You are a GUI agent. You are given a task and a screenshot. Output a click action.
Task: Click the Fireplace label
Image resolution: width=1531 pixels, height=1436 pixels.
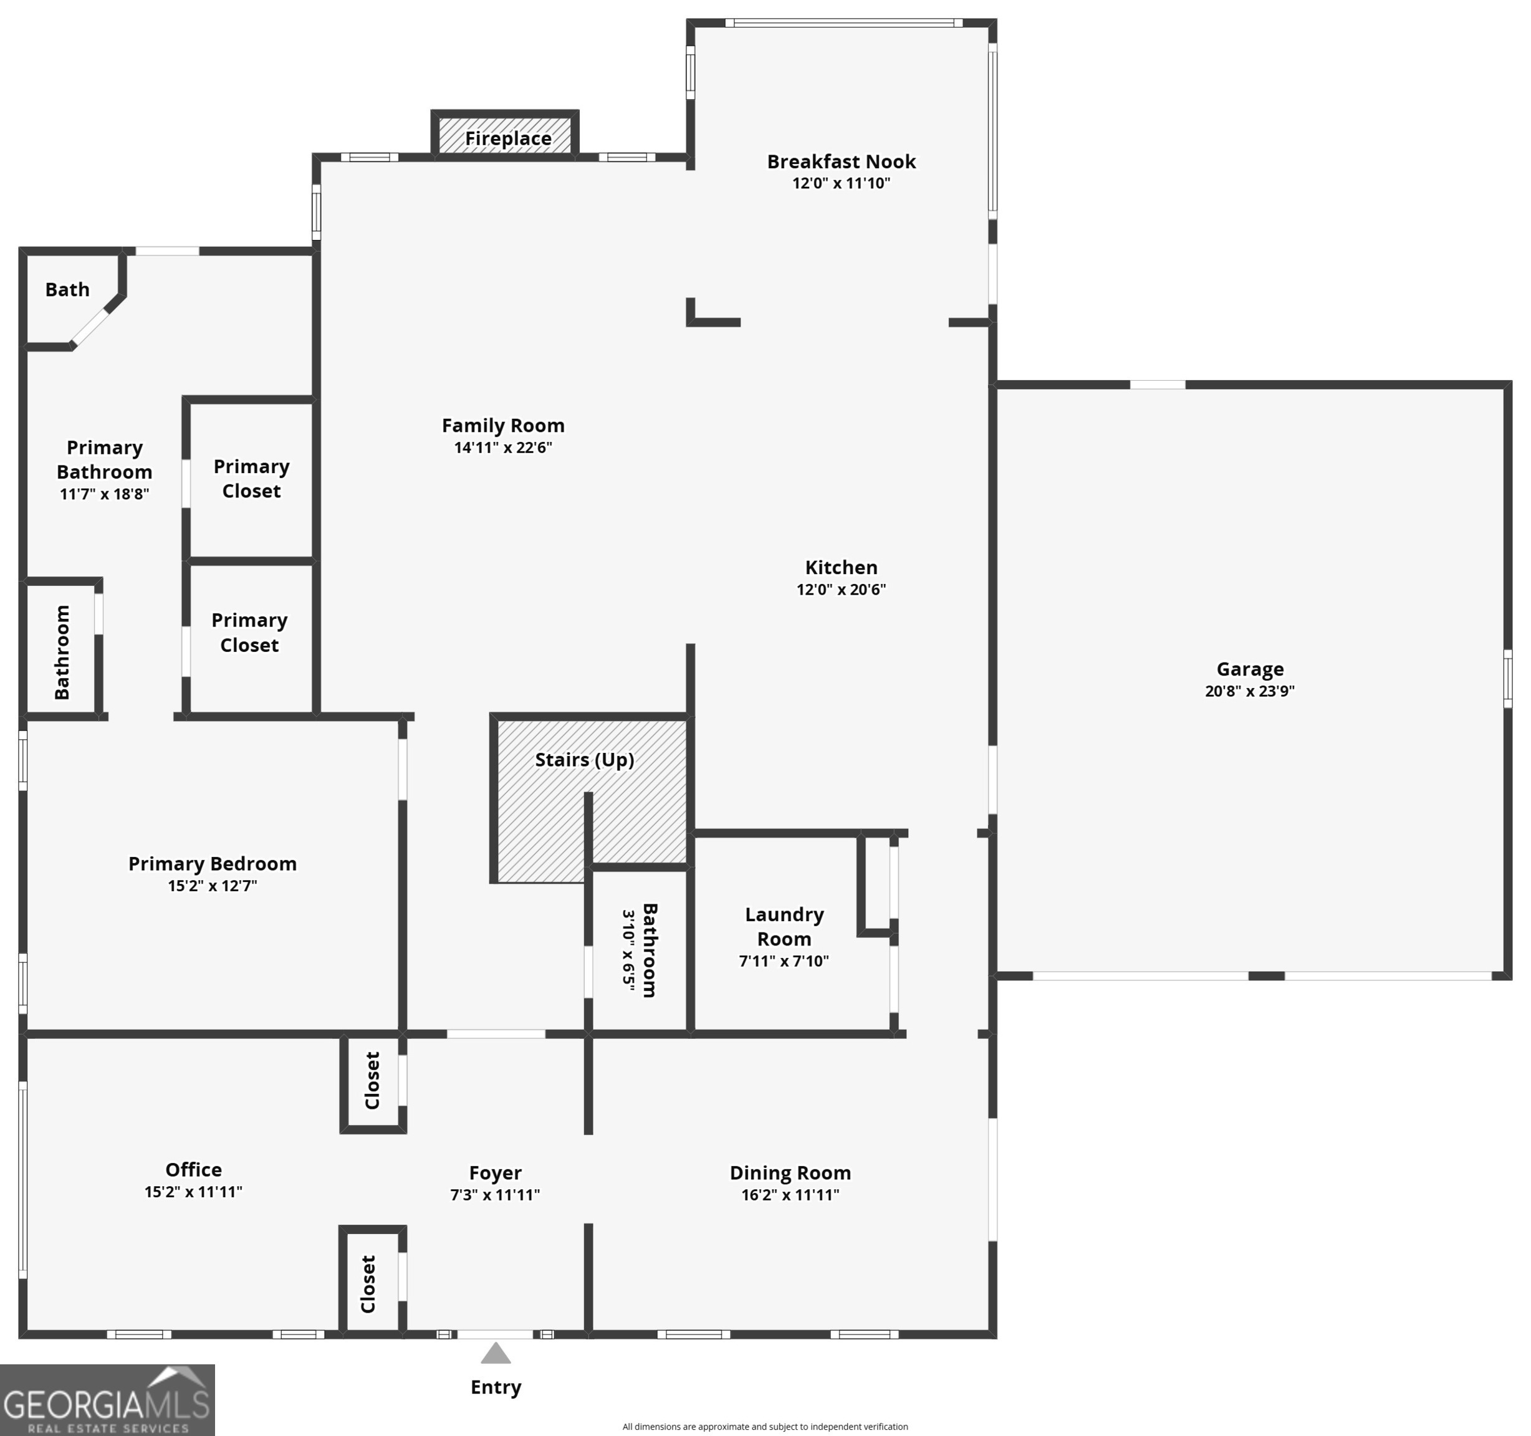tap(507, 138)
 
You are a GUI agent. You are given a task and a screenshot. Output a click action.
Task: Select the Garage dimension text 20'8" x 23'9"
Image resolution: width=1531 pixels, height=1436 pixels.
tap(1249, 691)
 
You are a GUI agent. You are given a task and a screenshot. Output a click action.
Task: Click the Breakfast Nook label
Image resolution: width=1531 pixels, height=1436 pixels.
tap(841, 161)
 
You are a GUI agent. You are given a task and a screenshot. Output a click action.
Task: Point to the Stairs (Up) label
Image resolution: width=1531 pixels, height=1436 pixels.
tap(585, 760)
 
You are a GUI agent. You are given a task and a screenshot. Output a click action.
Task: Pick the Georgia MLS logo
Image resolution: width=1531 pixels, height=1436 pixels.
tap(107, 1399)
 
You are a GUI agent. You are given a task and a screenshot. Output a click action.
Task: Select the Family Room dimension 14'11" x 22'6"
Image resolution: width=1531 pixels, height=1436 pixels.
tap(503, 448)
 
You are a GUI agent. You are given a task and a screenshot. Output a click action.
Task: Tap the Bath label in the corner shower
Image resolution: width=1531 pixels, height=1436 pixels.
tap(67, 290)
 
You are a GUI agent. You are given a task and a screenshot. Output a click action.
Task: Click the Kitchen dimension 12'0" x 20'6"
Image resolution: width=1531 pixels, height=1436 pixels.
tap(841, 589)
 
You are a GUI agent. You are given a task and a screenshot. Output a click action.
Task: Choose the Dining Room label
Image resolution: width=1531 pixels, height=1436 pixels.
tap(790, 1172)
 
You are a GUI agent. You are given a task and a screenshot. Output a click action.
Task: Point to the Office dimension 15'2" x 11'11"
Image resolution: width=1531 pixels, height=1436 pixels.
tap(193, 1191)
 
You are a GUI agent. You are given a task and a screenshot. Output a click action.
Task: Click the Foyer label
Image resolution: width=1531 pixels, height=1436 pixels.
tap(495, 1172)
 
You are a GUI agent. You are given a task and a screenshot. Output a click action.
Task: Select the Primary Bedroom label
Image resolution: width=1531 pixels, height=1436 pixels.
tap(213, 864)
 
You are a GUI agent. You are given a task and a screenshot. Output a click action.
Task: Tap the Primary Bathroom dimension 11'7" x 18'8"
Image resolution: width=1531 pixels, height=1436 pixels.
tap(105, 494)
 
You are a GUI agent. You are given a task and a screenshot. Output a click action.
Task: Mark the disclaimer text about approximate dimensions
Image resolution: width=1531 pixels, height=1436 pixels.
tap(765, 1426)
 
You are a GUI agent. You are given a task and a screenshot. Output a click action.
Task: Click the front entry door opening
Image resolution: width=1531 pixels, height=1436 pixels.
tap(495, 1334)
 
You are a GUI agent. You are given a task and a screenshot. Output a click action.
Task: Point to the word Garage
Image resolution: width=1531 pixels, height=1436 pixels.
tap(1249, 669)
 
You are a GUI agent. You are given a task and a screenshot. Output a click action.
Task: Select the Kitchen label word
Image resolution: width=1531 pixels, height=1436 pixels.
tap(841, 567)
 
